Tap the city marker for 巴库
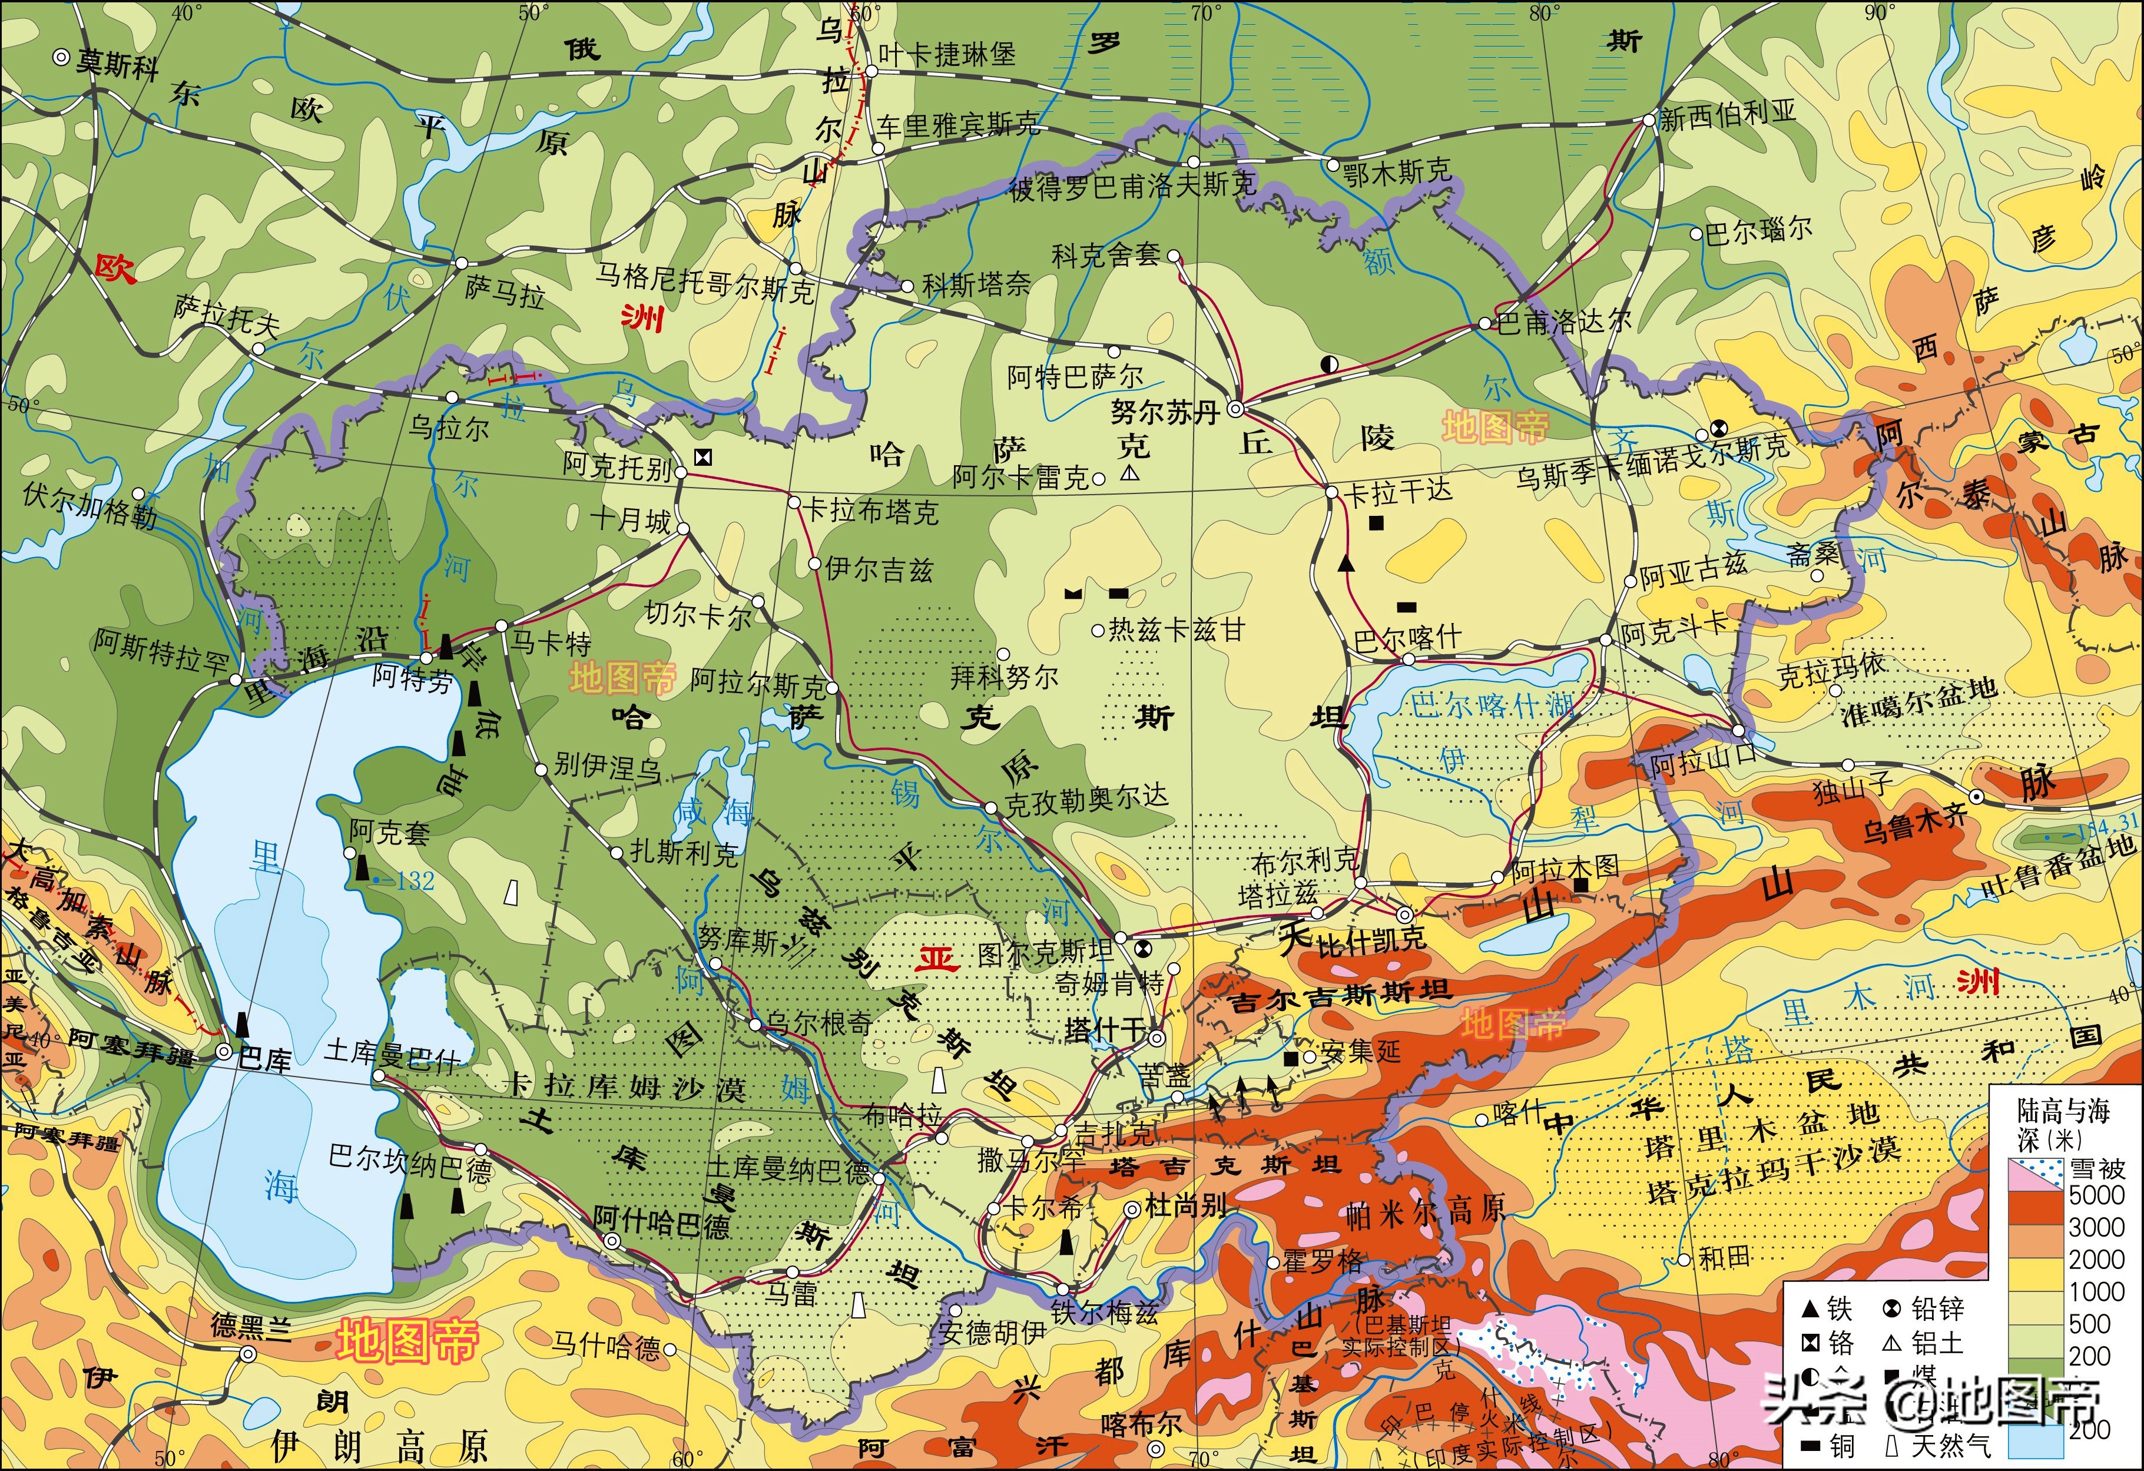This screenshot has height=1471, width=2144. [x=223, y=1051]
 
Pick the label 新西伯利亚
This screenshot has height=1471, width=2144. [x=1728, y=114]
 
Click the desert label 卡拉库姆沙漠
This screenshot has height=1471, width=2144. [x=627, y=1087]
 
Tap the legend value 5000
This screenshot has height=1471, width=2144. [x=2097, y=1194]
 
